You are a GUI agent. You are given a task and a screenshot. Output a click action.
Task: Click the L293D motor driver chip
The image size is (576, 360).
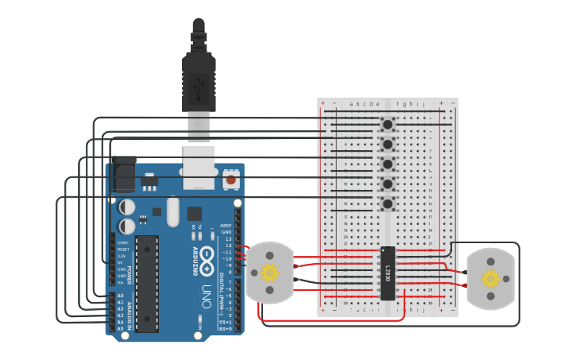(x=388, y=273)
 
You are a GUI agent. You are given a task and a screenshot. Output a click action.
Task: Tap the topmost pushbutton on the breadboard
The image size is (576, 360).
(x=388, y=124)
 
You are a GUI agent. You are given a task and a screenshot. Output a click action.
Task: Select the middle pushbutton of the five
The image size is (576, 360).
(x=388, y=165)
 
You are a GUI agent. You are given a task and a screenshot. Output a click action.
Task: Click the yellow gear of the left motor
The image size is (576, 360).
(x=269, y=273)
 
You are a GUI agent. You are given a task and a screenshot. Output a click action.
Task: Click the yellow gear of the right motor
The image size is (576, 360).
(x=490, y=278)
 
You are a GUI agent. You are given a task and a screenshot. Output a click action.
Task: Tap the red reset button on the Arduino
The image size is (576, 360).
(x=230, y=180)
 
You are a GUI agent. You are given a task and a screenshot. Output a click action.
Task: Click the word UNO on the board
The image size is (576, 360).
(x=206, y=292)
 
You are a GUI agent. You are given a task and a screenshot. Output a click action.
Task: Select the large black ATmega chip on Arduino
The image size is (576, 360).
(x=147, y=282)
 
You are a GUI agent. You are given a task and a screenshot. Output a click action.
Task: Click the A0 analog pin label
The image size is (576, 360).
(x=121, y=296)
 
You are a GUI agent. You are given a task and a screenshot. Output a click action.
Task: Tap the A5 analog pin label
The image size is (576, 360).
(x=121, y=327)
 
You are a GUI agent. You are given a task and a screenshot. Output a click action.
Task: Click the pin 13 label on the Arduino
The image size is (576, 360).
(x=228, y=238)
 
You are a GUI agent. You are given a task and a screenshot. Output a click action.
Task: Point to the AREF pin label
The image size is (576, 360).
(x=226, y=226)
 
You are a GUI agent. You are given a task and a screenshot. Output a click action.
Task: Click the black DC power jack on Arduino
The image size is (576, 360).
(x=122, y=175)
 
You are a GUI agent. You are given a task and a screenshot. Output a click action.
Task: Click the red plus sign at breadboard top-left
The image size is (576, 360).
(x=323, y=103)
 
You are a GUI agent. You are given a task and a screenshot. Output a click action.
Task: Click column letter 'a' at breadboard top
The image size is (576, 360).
(x=352, y=103)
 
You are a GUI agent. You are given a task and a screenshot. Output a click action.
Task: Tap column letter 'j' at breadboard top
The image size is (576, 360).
(x=423, y=103)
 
